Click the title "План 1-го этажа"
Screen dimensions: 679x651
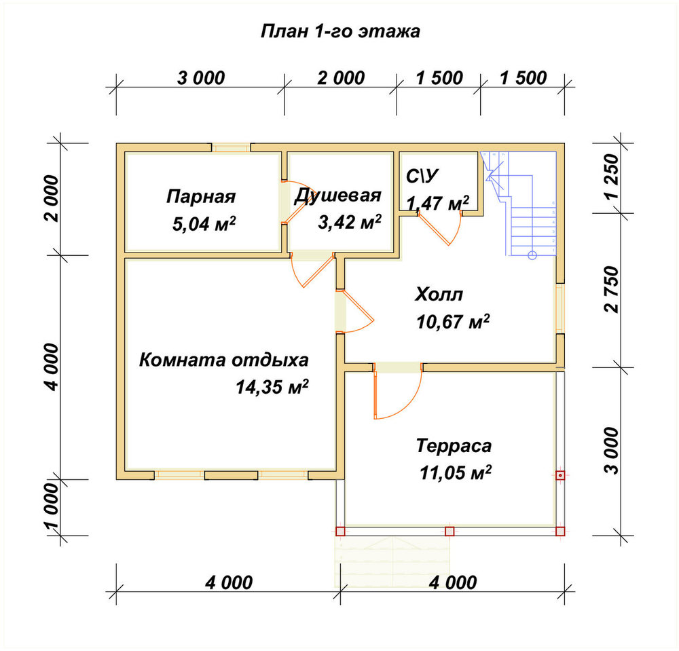pos(340,32)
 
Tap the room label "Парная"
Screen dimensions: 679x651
pos(201,196)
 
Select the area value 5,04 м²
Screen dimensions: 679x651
pos(204,224)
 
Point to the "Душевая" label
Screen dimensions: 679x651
pos(337,196)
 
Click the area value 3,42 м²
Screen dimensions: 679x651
pos(350,223)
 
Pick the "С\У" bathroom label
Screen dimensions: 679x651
pos(422,176)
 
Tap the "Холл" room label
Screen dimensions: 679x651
pos(439,295)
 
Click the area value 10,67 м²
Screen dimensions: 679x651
pos(453,322)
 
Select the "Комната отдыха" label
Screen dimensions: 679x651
pos(224,360)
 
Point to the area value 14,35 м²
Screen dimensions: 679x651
pos(272,387)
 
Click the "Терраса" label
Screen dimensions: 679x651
pos(454,446)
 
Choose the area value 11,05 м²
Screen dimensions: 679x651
pos(456,472)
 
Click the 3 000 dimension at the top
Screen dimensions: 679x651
pos(201,78)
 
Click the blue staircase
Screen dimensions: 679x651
pos(519,204)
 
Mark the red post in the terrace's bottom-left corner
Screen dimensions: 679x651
pos(340,531)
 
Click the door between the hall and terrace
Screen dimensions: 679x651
pos(397,391)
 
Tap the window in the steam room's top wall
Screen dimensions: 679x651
pos(231,147)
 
